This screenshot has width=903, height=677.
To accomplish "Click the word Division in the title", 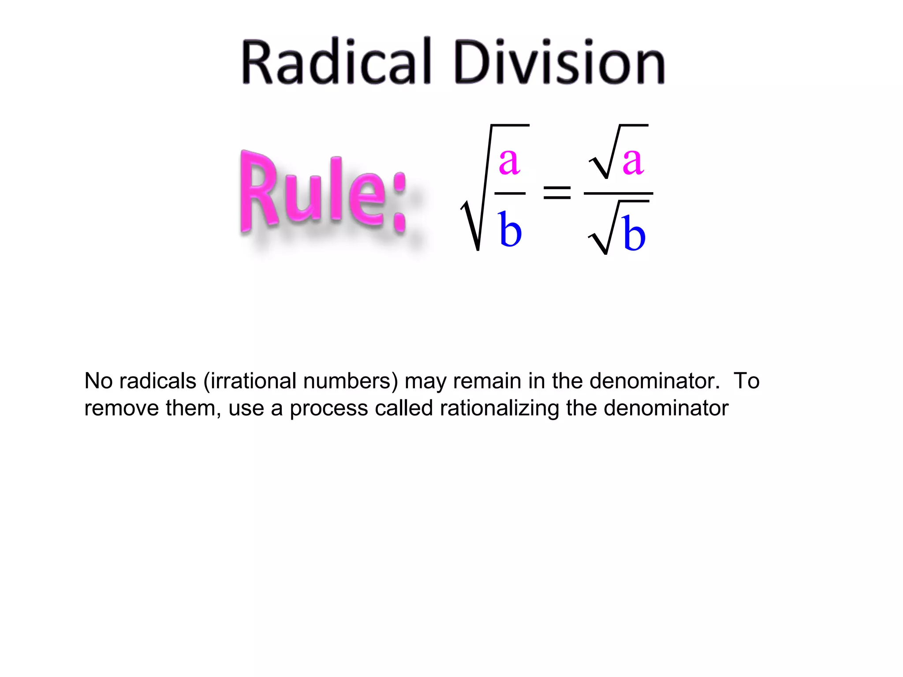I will coord(559,62).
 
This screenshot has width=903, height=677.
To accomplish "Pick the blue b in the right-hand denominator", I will coord(634,234).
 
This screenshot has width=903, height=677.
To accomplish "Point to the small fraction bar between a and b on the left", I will coord(510,193).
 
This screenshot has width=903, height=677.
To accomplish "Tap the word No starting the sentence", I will coord(98,381).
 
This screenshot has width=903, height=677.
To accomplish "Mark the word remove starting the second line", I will coord(121,408).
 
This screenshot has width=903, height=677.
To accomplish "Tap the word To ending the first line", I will coord(746,381).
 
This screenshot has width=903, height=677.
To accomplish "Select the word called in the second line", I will coord(404,408).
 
